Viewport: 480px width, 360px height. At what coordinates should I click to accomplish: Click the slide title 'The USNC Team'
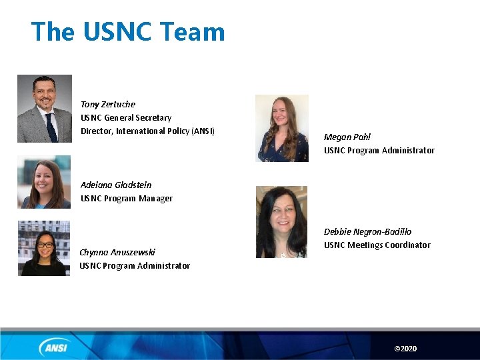pos(128,32)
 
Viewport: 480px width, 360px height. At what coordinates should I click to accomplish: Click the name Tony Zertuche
pos(108,104)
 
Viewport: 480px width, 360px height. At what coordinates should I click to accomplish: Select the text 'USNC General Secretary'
pos(126,117)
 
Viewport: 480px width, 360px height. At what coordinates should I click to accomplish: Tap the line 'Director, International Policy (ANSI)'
pos(147,131)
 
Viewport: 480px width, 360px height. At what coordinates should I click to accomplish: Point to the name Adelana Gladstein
pos(116,185)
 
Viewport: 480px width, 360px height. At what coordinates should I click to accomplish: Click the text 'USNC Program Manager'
pos(127,198)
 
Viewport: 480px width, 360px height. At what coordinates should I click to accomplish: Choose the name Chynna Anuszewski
pos(117,252)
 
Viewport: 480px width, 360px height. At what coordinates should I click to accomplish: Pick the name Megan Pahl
pos(347,137)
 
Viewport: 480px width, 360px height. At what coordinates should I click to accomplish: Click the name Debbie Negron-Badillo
pos(368,231)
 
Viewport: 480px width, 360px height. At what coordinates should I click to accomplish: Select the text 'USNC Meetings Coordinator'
pos(377,245)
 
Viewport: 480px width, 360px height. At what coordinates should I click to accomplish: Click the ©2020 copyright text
pos(405,349)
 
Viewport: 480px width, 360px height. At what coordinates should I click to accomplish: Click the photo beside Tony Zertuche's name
pos(44,109)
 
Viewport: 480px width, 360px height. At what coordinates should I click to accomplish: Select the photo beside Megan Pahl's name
pos(282,128)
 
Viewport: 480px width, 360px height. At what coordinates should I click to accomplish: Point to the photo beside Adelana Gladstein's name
pos(44,183)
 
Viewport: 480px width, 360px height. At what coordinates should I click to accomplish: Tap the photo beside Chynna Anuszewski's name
pos(44,248)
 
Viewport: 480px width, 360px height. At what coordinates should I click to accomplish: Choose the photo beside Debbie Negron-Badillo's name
pos(281,222)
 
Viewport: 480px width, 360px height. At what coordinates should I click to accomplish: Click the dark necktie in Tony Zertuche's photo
pos(51,127)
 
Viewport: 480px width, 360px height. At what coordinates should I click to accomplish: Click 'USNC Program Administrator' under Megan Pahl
pos(379,150)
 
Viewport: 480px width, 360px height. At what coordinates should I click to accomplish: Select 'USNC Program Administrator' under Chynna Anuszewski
pos(135,265)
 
